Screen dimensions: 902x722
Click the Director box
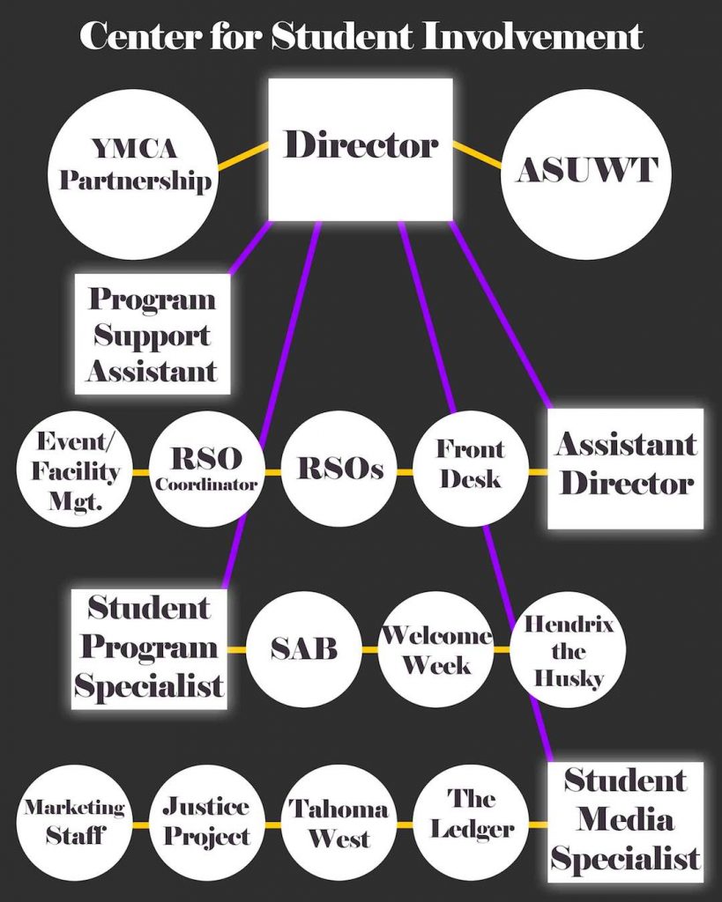point(361,148)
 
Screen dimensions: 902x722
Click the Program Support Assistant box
point(153,334)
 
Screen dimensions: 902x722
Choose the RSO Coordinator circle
point(206,469)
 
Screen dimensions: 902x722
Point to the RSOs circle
point(340,470)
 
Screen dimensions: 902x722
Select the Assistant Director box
point(626,466)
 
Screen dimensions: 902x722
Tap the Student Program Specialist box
point(150,648)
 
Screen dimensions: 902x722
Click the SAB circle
point(303,650)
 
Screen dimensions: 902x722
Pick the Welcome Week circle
point(435,650)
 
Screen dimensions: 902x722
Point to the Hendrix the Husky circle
point(569,651)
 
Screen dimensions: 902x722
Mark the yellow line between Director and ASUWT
point(477,154)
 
